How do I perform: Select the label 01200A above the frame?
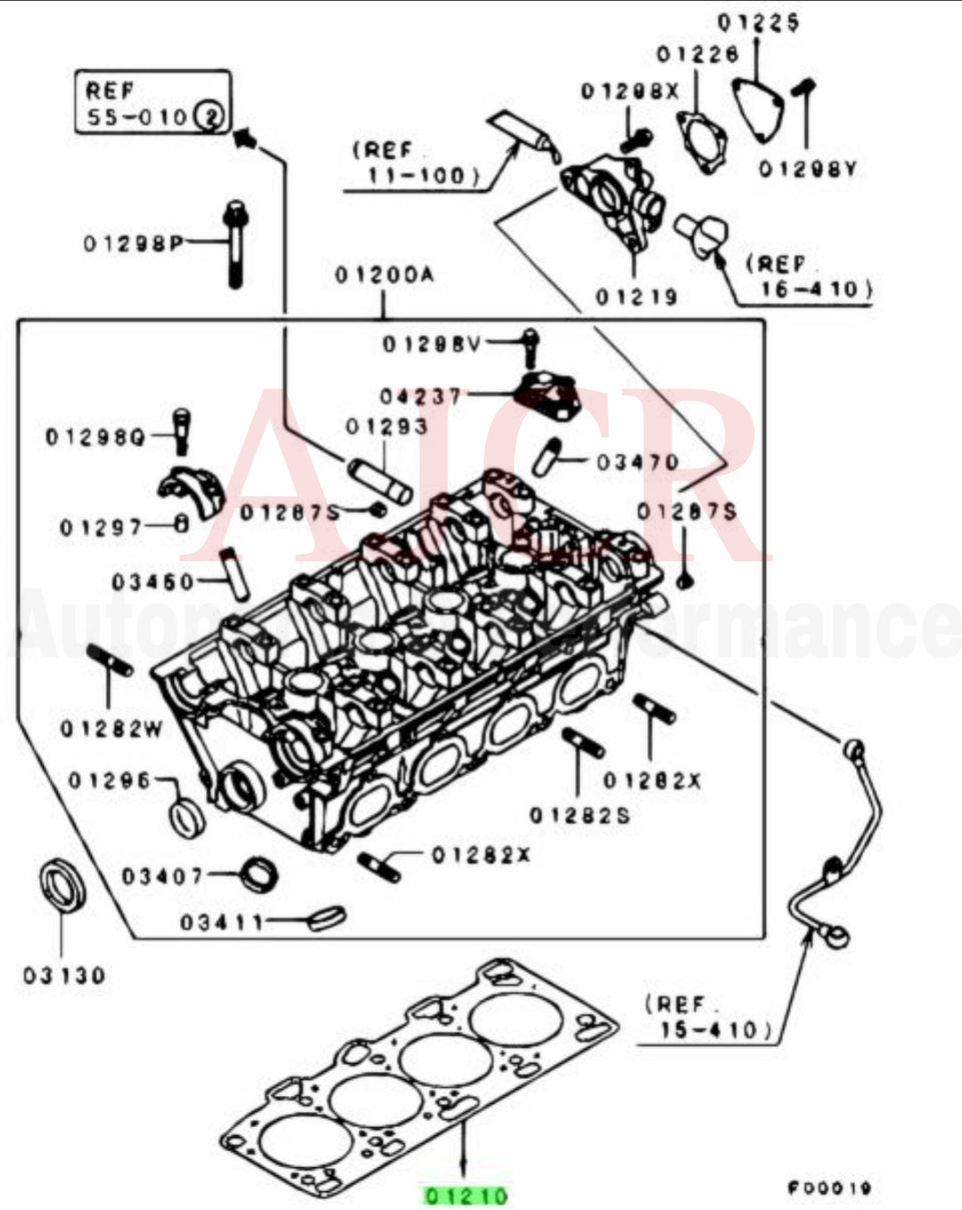384,275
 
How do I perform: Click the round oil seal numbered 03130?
62,887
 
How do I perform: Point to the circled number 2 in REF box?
210,116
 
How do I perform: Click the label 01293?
387,427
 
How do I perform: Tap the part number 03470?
638,462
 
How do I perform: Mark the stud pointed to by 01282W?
110,660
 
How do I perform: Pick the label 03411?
223,921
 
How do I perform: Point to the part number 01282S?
579,814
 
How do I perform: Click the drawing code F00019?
829,1188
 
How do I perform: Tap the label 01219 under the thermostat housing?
636,296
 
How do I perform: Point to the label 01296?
110,781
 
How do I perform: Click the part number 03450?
152,582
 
